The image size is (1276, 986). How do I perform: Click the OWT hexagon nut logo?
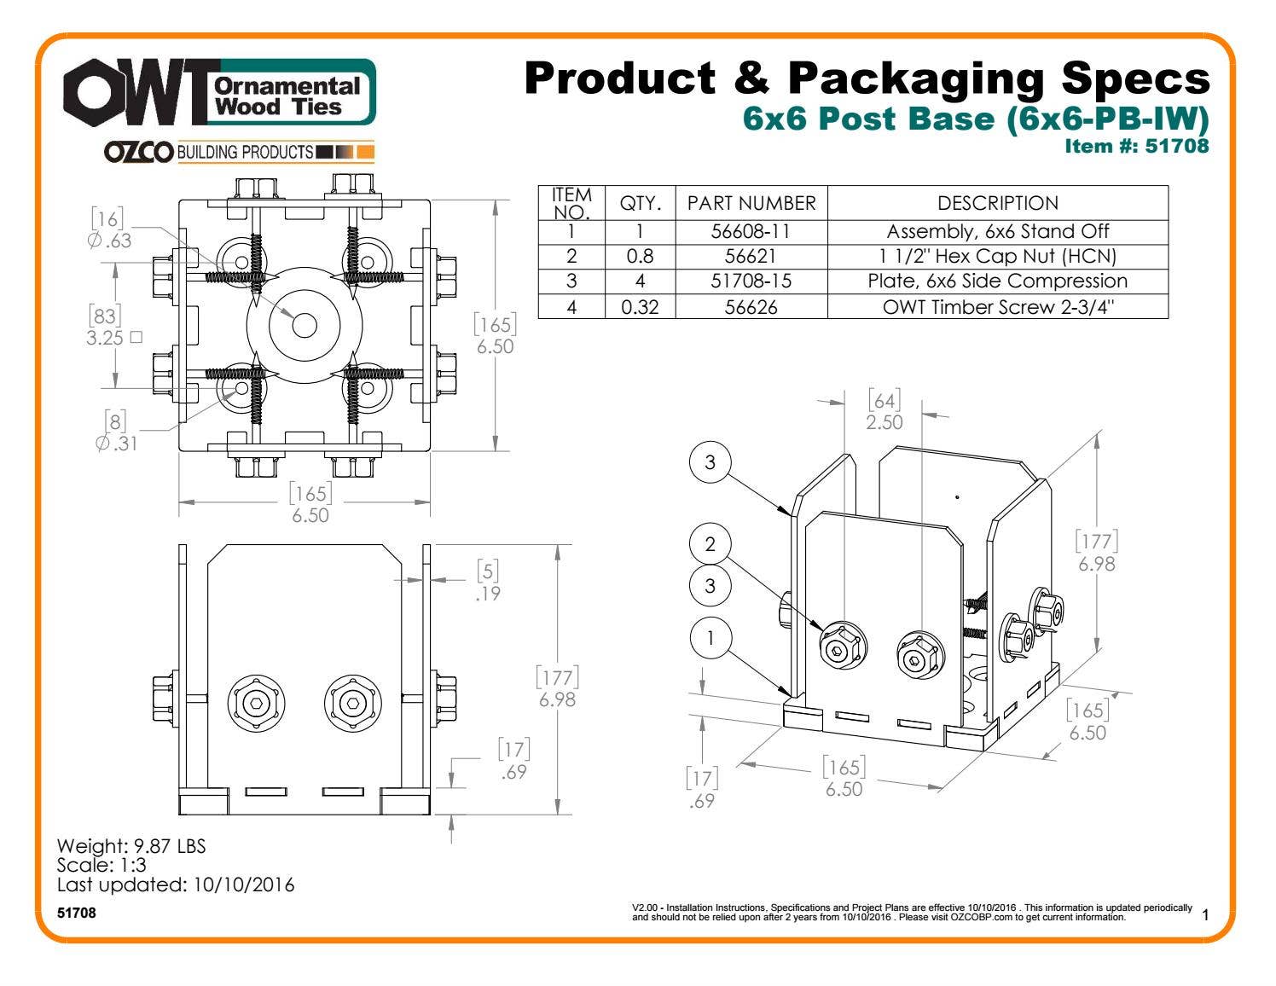pos(94,91)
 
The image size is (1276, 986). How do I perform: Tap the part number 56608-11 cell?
pos(751,232)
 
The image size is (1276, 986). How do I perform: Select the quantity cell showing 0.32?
pos(640,307)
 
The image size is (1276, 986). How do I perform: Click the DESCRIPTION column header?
pos(998,203)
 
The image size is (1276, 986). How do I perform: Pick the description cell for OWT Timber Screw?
pos(998,307)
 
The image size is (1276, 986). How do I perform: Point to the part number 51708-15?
pos(751,281)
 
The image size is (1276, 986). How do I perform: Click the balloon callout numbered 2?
pos(710,544)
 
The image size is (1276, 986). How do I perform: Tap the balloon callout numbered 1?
pos(710,638)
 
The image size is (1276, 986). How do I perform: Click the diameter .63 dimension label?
pos(109,241)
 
